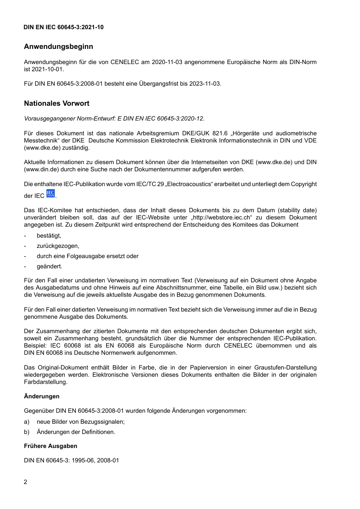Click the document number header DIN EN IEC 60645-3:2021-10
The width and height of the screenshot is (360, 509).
pyautogui.click(x=63, y=27)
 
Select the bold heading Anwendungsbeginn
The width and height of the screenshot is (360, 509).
pyautogui.click(x=58, y=47)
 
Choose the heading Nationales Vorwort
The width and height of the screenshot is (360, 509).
pyautogui.click(x=56, y=103)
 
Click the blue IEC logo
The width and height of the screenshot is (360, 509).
pyautogui.click(x=50, y=194)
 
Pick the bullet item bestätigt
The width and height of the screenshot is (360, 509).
pyautogui.click(x=49, y=236)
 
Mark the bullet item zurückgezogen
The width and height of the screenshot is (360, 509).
pyautogui.click(x=58, y=246)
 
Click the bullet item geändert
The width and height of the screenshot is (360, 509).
pyautogui.click(x=49, y=266)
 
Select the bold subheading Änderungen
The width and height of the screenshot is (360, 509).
pyautogui.click(x=42, y=396)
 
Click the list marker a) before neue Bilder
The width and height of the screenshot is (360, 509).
pyautogui.click(x=27, y=422)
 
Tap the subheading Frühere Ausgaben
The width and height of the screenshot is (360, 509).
pyautogui.click(x=50, y=446)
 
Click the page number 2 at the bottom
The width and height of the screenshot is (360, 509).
pyautogui.click(x=25, y=482)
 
